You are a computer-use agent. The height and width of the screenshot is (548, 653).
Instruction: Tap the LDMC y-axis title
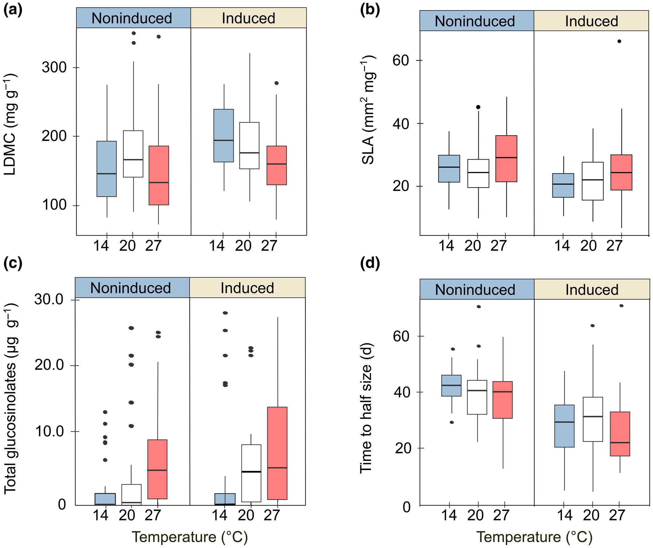point(11,124)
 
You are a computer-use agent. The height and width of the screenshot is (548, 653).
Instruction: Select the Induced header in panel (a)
point(249,18)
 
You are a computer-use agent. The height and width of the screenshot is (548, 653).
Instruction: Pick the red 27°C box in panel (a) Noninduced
point(159,175)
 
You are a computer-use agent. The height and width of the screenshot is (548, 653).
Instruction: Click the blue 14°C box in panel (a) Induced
point(223,136)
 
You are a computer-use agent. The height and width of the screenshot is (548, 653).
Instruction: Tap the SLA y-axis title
point(369,110)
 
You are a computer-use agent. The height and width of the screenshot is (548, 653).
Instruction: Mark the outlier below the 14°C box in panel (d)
point(452,422)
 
